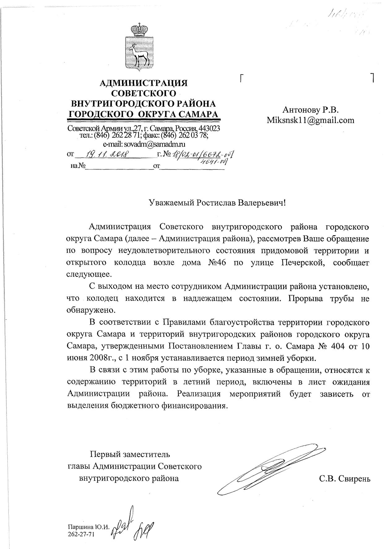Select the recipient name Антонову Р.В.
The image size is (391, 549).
(311, 110)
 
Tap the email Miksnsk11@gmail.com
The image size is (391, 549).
(311, 120)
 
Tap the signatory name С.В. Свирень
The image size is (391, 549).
(345, 479)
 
